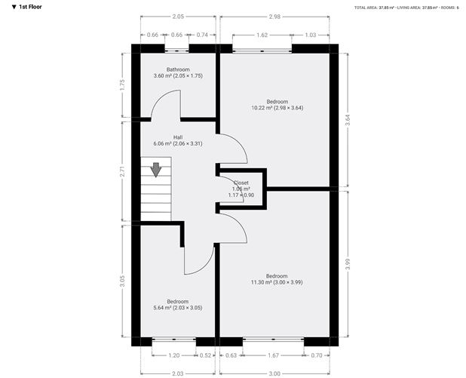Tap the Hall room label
click(x=178, y=137)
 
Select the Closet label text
click(x=241, y=183)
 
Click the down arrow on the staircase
click(x=156, y=170)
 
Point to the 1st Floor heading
click(x=26, y=7)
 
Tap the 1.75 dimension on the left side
click(x=124, y=85)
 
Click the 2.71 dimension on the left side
click(x=124, y=171)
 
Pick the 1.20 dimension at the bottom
click(x=175, y=355)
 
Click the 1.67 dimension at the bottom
click(x=274, y=355)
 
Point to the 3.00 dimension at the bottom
click(x=275, y=373)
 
